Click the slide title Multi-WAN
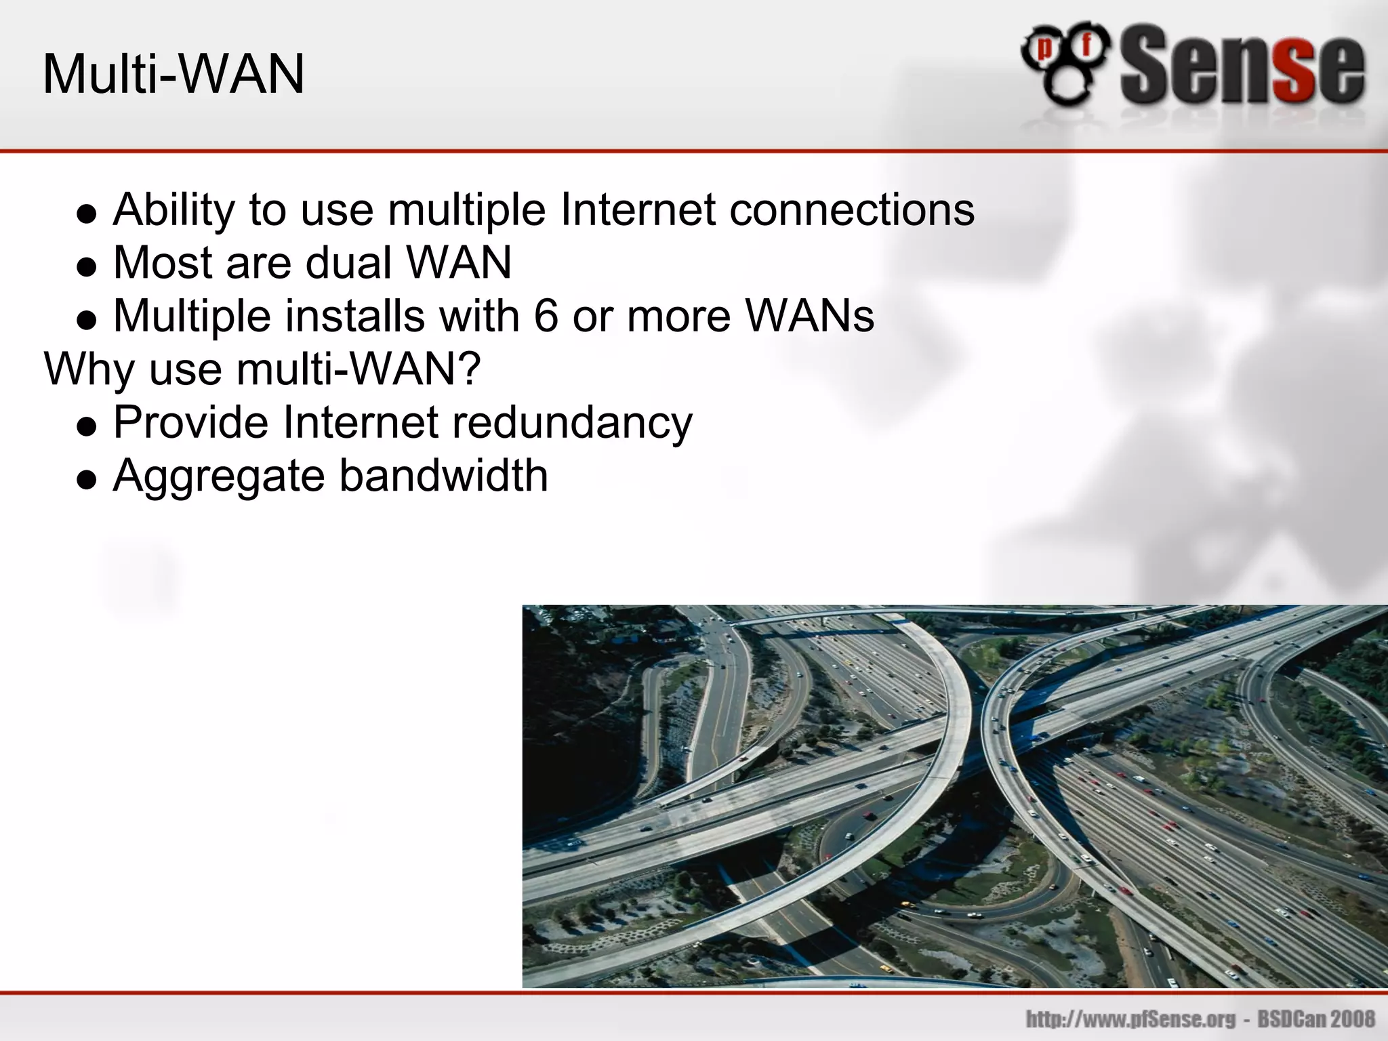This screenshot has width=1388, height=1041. pyautogui.click(x=173, y=75)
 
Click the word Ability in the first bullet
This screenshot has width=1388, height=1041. pyautogui.click(x=173, y=210)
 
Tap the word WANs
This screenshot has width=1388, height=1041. pyautogui.click(x=810, y=316)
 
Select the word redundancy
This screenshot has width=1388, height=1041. pyautogui.click(x=572, y=423)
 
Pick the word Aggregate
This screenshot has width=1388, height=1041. pyautogui.click(x=219, y=476)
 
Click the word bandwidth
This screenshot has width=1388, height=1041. pyautogui.click(x=443, y=476)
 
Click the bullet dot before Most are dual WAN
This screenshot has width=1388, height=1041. pyautogui.click(x=87, y=266)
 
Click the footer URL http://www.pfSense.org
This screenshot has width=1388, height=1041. pyautogui.click(x=1131, y=1019)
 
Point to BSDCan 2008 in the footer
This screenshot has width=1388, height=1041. pyautogui.click(x=1316, y=1019)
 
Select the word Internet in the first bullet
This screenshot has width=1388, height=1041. pyautogui.click(x=638, y=210)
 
